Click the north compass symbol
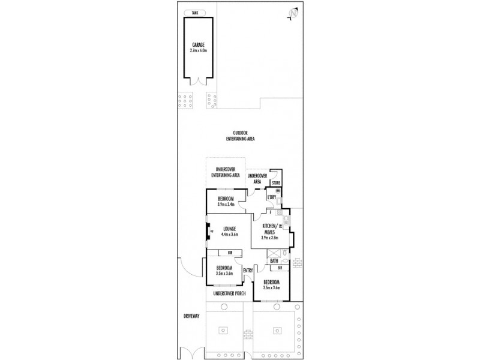pos(293,12)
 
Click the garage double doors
pos(199,82)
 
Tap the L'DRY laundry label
pos(272,197)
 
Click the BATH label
pos(274,260)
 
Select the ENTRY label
pos(248,270)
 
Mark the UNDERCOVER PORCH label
pos(230,293)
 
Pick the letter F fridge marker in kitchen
pos(271,212)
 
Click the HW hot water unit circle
pos(278,191)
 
